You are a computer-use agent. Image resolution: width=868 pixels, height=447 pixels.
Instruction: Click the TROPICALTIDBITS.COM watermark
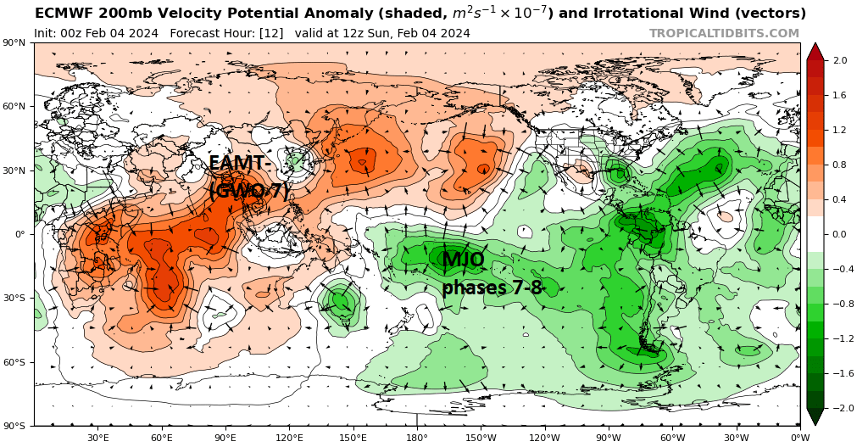(x=724, y=33)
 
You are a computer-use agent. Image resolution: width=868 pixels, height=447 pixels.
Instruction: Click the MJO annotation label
(x=463, y=260)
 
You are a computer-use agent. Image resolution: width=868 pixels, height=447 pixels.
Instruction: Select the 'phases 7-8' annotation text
(x=492, y=288)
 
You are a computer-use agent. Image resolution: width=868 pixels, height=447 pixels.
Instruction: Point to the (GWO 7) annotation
(x=249, y=191)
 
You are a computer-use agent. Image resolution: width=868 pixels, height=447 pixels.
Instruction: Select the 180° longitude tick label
(x=416, y=438)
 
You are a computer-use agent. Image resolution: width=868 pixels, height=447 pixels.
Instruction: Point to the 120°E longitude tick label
(x=289, y=438)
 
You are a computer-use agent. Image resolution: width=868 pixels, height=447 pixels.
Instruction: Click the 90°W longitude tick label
(x=609, y=438)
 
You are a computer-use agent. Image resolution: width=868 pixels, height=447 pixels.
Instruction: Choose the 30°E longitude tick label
(x=97, y=438)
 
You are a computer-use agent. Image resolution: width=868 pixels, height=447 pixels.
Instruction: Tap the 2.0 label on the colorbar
(x=840, y=61)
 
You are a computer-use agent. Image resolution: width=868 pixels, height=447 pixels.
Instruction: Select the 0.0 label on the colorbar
(x=840, y=234)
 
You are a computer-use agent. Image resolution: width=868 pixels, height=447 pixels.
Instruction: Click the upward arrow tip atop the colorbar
(x=815, y=45)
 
